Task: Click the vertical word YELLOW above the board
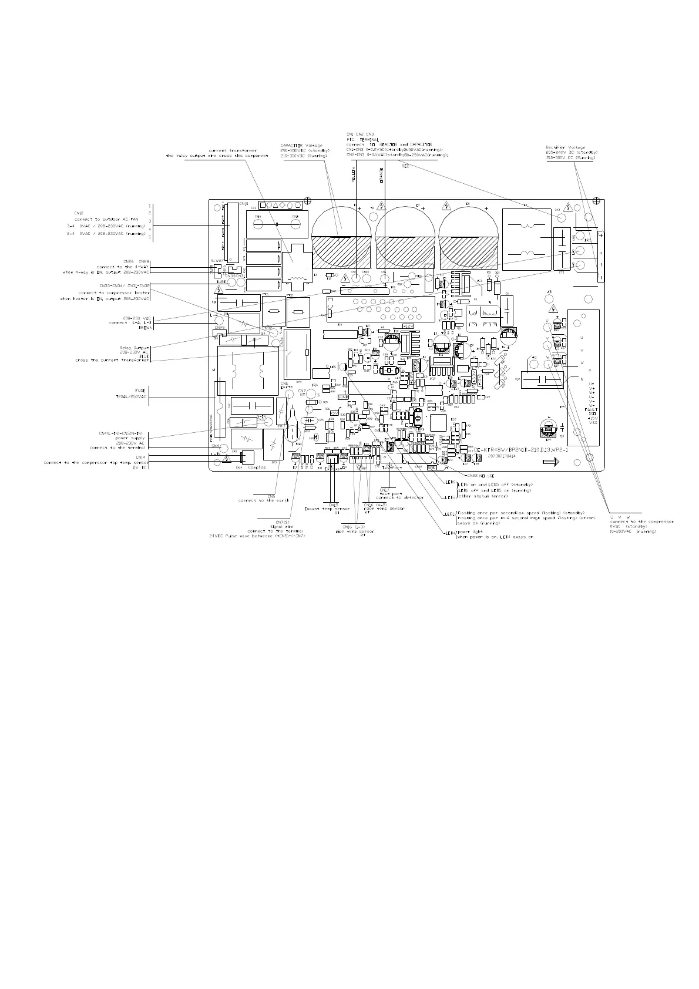coord(353,176)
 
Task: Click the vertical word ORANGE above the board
coord(381,176)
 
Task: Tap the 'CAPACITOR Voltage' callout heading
coord(301,146)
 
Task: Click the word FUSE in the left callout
coord(140,390)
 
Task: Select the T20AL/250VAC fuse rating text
coord(131,397)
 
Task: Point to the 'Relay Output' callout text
coord(135,347)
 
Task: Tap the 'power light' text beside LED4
coord(469,531)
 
